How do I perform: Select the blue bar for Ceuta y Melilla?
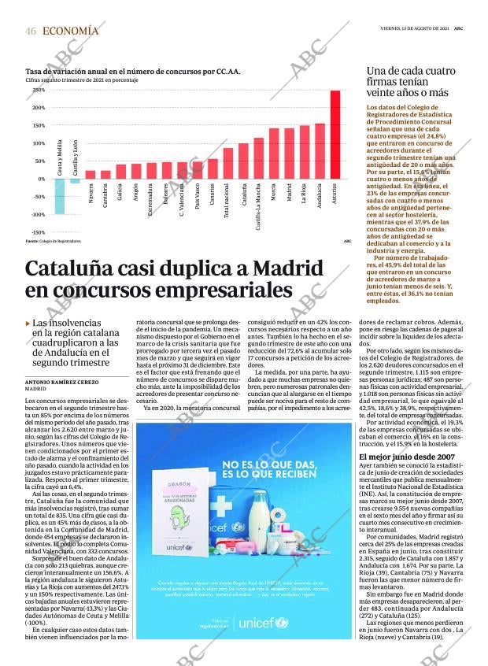(x=59, y=196)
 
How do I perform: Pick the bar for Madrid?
(x=289, y=154)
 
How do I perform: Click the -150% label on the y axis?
(x=38, y=233)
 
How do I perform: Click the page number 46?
(x=31, y=31)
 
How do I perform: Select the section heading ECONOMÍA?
(x=71, y=31)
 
